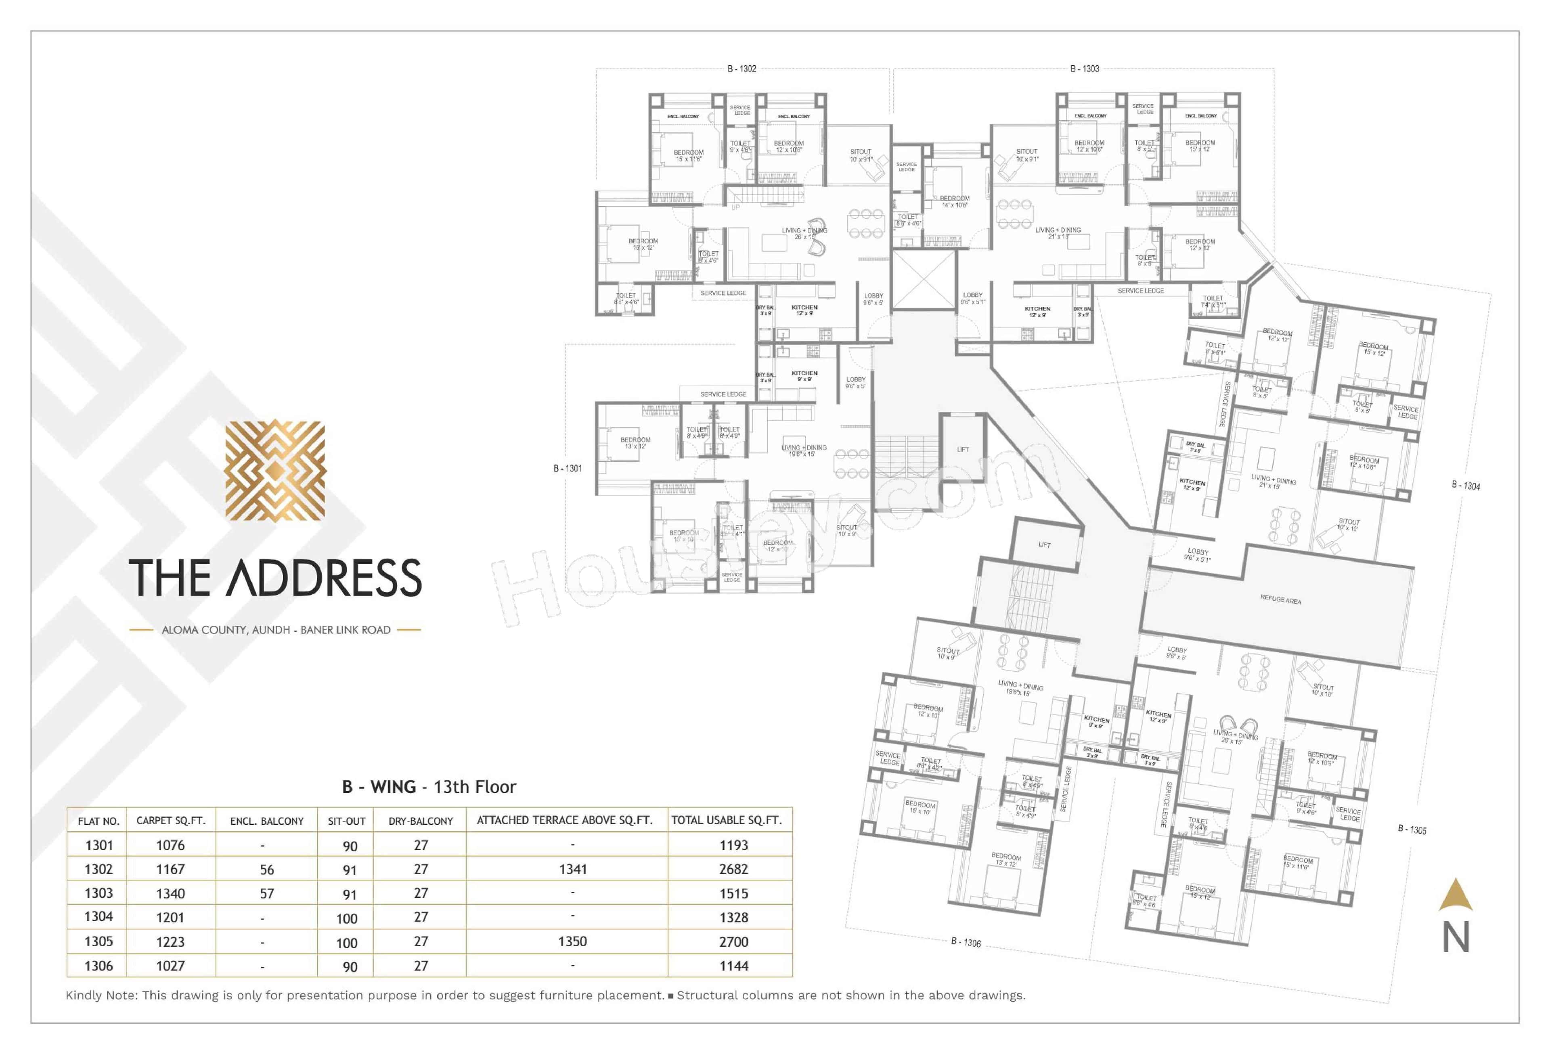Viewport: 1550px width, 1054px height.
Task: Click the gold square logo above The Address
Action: coord(275,470)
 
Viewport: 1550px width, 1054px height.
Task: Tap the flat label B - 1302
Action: coord(741,69)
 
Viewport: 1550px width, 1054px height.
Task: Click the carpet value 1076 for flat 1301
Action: coord(170,845)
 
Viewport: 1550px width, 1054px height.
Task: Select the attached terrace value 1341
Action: coord(572,869)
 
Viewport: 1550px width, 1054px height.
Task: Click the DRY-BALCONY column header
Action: coord(420,821)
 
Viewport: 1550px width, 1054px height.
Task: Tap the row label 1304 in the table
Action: coord(99,917)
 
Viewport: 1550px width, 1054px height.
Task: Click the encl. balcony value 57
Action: coord(267,894)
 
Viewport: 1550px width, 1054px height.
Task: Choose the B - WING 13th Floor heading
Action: coord(429,787)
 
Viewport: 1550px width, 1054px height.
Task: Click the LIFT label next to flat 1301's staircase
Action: coord(962,450)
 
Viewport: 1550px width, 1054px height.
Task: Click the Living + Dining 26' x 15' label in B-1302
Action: coord(804,233)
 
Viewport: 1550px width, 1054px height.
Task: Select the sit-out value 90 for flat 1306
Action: coord(350,967)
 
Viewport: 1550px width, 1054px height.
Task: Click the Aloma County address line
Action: coord(275,630)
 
